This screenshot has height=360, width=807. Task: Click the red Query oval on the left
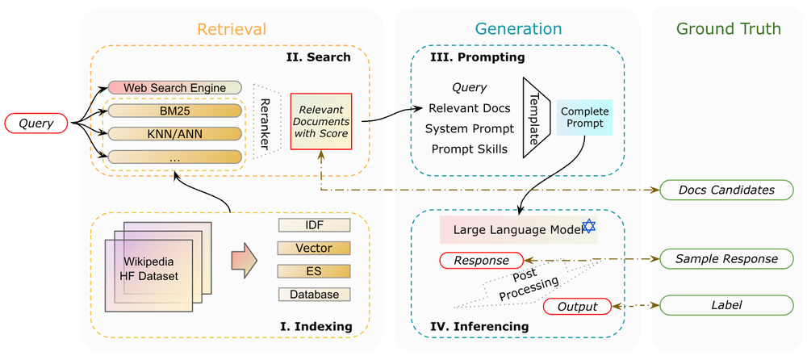point(38,123)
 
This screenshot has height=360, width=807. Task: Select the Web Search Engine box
point(174,87)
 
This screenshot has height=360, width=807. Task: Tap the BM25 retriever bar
point(175,111)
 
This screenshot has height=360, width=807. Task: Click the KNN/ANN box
point(175,133)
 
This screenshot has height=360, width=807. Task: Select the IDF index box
point(315,225)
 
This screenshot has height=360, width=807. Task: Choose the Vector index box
point(315,249)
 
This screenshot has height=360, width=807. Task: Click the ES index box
point(315,271)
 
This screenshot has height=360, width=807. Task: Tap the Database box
point(315,295)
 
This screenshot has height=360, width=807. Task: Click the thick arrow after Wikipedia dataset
point(243,262)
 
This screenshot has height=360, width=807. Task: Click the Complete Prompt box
point(584,118)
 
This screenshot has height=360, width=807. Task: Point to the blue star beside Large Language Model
point(588,228)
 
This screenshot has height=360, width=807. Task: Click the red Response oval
point(480,261)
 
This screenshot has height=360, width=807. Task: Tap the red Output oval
point(579,307)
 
